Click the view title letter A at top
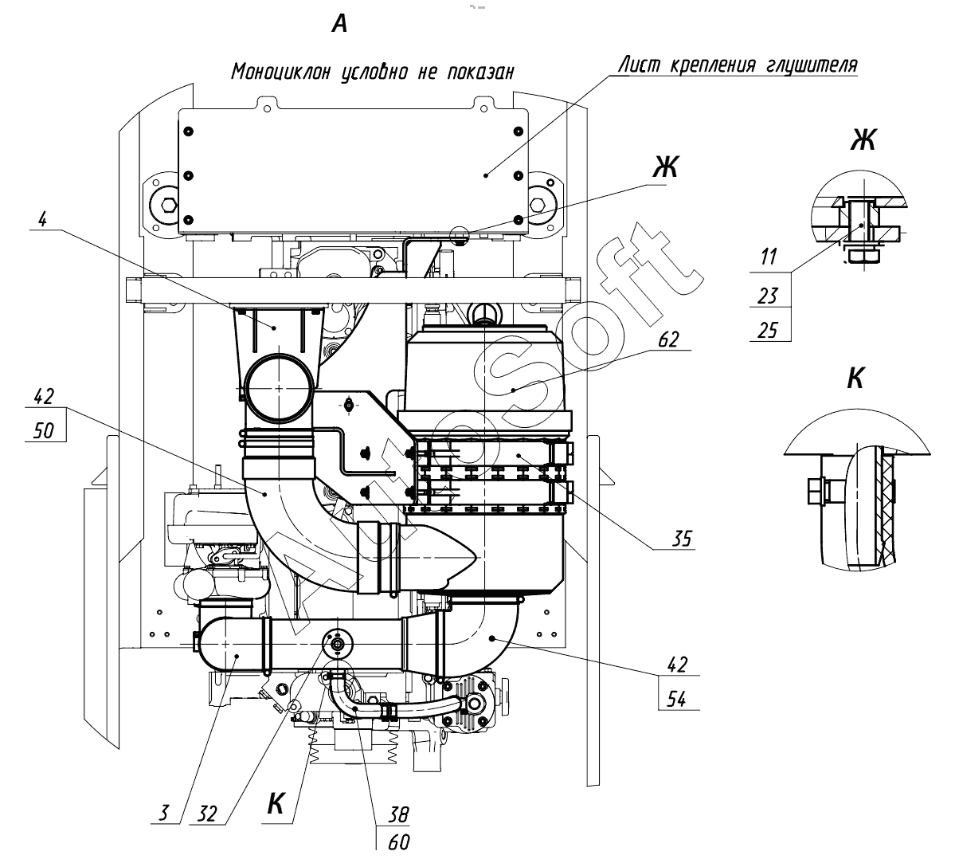coord(340,25)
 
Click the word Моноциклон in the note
coord(281,72)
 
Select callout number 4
coord(42,219)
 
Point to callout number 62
coord(668,339)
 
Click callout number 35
coord(682,539)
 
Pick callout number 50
coord(44,431)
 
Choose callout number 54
coord(677,699)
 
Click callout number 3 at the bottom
coord(164,813)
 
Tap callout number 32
coord(207,814)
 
